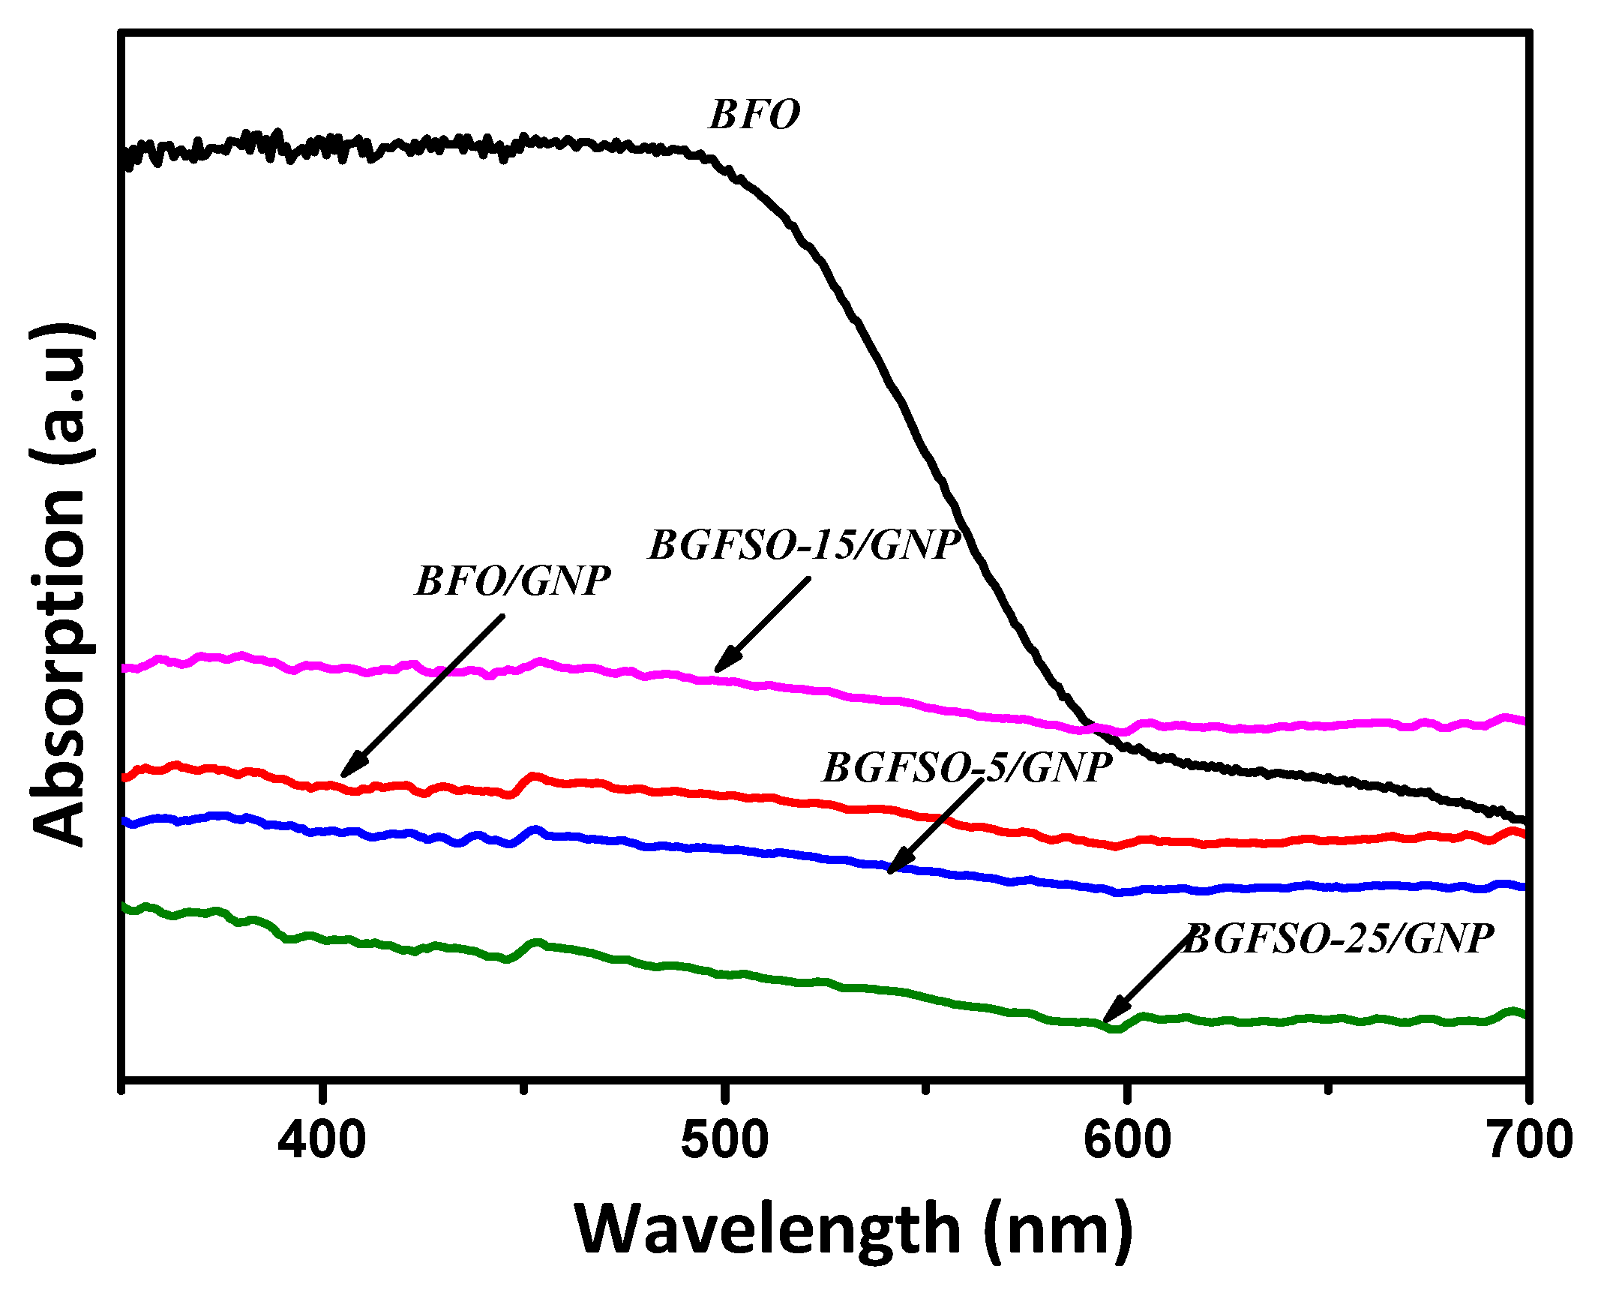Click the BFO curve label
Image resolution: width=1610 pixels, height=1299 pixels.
[754, 115]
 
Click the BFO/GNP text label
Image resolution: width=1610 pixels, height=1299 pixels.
[513, 581]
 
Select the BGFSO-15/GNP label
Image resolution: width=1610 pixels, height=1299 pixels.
[805, 545]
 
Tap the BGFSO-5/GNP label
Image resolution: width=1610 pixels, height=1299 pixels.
[967, 768]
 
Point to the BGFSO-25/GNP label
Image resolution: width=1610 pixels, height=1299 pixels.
[1339, 939]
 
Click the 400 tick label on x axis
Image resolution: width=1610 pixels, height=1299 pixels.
[322, 1141]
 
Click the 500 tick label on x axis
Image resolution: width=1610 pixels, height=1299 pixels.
[724, 1141]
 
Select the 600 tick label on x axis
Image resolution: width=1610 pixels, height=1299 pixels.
[1127, 1141]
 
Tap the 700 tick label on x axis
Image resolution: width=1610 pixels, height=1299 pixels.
[1529, 1141]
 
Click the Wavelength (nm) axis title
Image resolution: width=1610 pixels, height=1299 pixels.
[853, 1230]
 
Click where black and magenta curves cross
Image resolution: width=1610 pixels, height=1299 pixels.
[1091, 726]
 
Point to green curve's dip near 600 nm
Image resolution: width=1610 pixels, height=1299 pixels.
[1116, 1028]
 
